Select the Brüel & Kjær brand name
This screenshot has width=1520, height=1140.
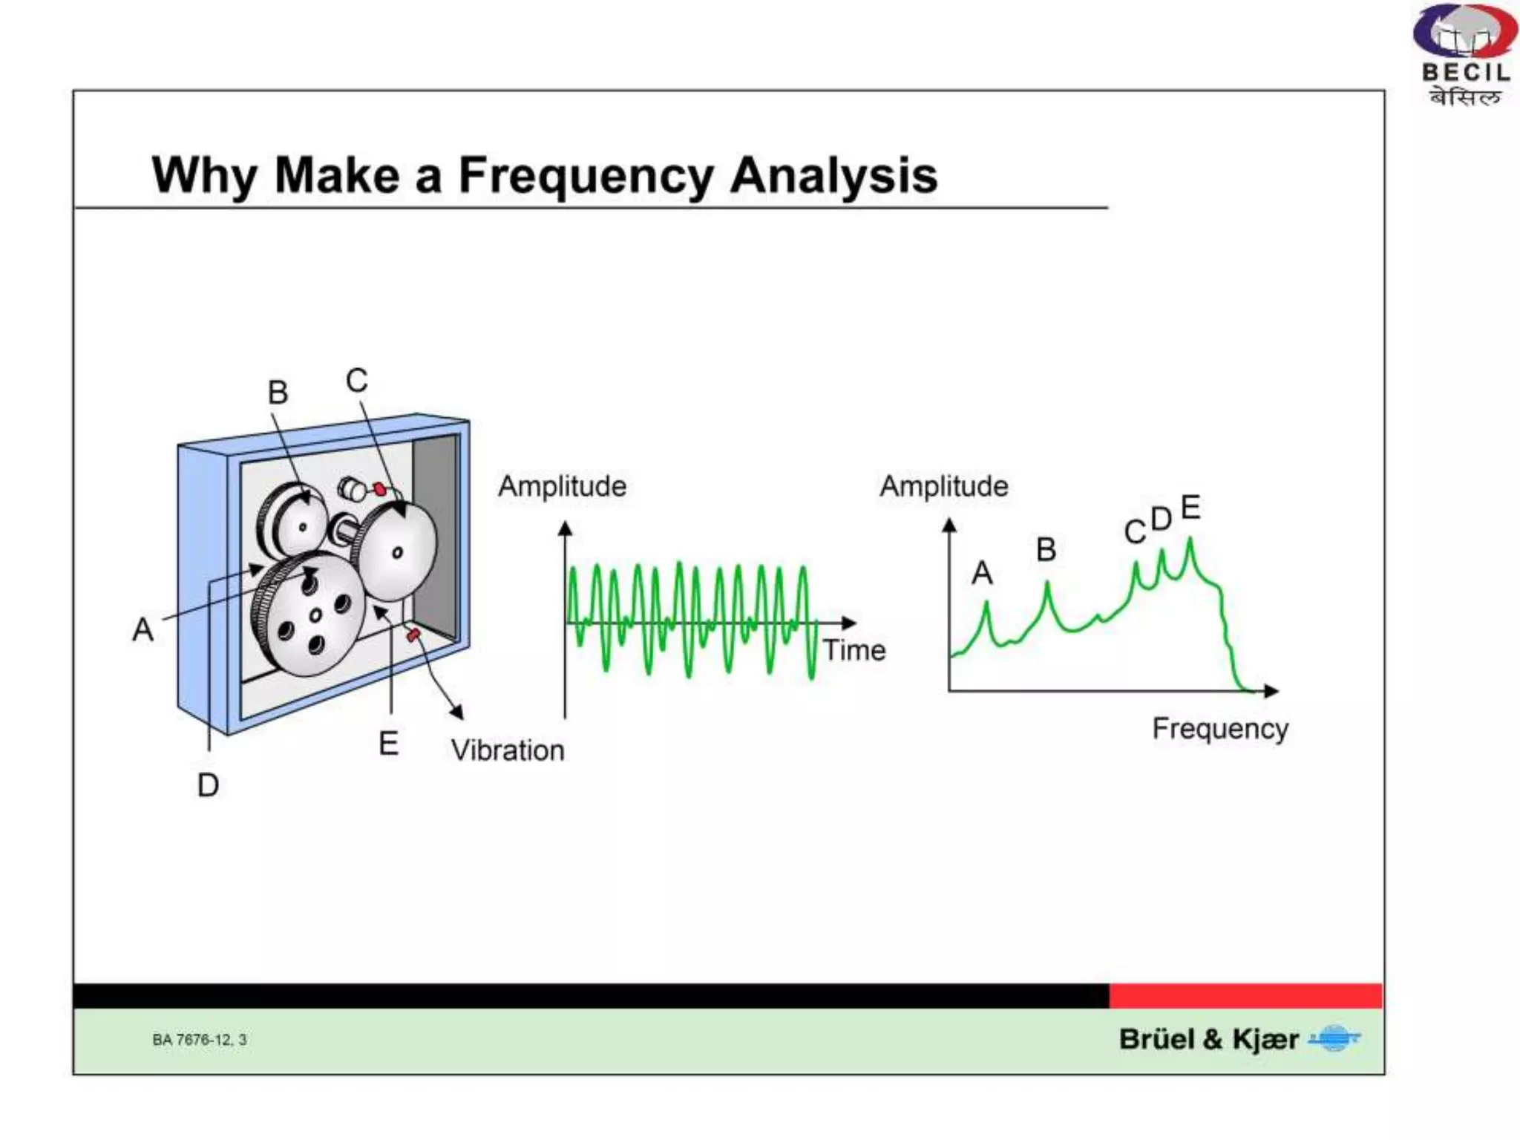[1208, 1039]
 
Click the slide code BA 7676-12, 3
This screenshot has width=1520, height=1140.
[199, 1040]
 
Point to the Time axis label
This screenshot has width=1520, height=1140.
[855, 650]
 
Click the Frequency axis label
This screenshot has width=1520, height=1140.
[1220, 729]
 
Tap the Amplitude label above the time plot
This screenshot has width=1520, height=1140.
[562, 487]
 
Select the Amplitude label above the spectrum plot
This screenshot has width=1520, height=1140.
[943, 487]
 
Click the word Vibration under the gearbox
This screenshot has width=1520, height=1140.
[508, 750]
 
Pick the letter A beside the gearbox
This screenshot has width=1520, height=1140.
[142, 630]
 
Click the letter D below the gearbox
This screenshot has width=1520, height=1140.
[208, 785]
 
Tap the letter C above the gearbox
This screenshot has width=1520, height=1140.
[356, 381]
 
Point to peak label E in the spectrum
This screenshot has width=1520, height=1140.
[1190, 508]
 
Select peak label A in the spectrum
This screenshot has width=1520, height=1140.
[982, 573]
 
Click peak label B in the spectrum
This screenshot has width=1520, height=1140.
[1046, 550]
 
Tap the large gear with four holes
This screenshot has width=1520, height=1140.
[312, 616]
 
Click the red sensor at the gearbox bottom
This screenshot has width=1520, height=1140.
[413, 635]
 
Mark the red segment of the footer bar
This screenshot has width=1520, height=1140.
[1245, 996]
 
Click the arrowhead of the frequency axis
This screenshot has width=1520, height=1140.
[1271, 691]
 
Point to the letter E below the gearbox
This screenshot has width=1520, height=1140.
[388, 743]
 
